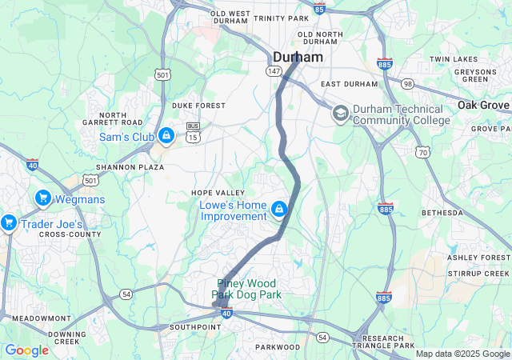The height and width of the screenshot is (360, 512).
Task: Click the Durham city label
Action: [x=298, y=58]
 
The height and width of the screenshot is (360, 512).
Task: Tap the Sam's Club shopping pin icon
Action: [x=166, y=135]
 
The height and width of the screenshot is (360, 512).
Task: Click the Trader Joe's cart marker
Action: [x=9, y=222]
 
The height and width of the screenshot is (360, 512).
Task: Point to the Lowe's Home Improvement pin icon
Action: [x=278, y=210]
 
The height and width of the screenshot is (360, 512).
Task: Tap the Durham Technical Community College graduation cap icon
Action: [x=341, y=114]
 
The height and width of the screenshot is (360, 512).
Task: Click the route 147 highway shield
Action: [x=274, y=71]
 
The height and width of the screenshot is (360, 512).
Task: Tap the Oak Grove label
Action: [x=483, y=106]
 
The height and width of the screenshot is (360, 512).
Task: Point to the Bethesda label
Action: [x=442, y=214]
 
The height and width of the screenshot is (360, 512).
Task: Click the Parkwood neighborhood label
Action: [x=277, y=347]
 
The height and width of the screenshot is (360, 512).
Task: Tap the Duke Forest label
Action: [x=198, y=106]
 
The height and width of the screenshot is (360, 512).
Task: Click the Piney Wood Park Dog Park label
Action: [x=246, y=289]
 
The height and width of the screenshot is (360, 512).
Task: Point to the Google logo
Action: [x=26, y=350]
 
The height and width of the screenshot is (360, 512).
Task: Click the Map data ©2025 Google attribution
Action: [x=462, y=354]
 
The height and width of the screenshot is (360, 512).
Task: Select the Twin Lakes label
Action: [x=453, y=59]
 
